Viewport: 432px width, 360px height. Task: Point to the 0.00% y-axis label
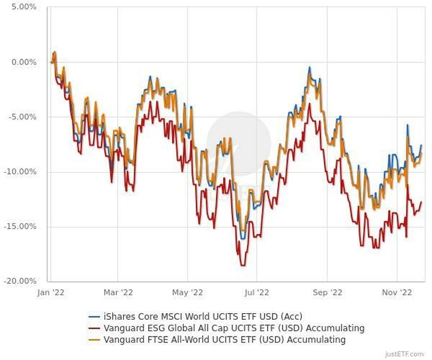[x=23, y=62]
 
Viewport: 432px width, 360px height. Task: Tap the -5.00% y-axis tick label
[x=22, y=116]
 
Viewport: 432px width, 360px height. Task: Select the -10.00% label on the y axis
[x=20, y=172]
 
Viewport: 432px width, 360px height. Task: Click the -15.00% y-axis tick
[x=20, y=226]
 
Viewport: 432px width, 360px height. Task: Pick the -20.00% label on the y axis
[x=20, y=281]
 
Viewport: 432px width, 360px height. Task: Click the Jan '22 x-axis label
[x=51, y=292]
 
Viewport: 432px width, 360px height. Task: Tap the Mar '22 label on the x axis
[x=118, y=292]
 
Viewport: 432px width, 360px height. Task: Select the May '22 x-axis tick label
[x=188, y=292]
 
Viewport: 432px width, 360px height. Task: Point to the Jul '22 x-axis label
[x=256, y=292]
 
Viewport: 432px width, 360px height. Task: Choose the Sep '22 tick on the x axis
[x=328, y=292]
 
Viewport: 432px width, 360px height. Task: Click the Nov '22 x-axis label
[x=397, y=292]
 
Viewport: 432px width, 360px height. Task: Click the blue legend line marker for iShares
[x=94, y=316]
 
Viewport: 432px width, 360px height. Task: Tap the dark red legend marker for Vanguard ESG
[x=94, y=328]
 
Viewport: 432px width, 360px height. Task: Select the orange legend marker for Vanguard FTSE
[x=94, y=340]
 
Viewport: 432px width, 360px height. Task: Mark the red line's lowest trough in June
[x=242, y=265]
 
